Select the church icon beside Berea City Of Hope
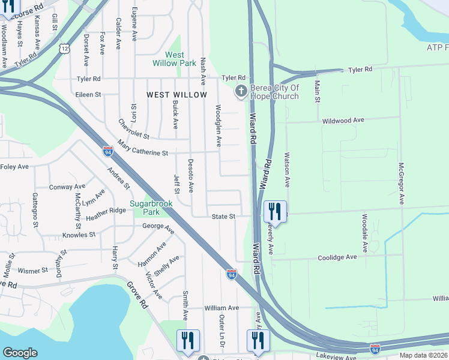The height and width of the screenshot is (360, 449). click(x=241, y=92)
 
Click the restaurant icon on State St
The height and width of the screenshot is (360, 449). click(x=275, y=211)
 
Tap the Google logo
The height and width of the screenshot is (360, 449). click(x=20, y=353)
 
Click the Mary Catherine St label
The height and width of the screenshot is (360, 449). click(x=143, y=148)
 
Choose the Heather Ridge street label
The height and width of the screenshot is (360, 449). click(x=106, y=211)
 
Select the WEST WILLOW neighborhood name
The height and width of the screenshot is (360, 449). click(x=177, y=95)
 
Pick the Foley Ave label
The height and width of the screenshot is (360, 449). click(x=14, y=167)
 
